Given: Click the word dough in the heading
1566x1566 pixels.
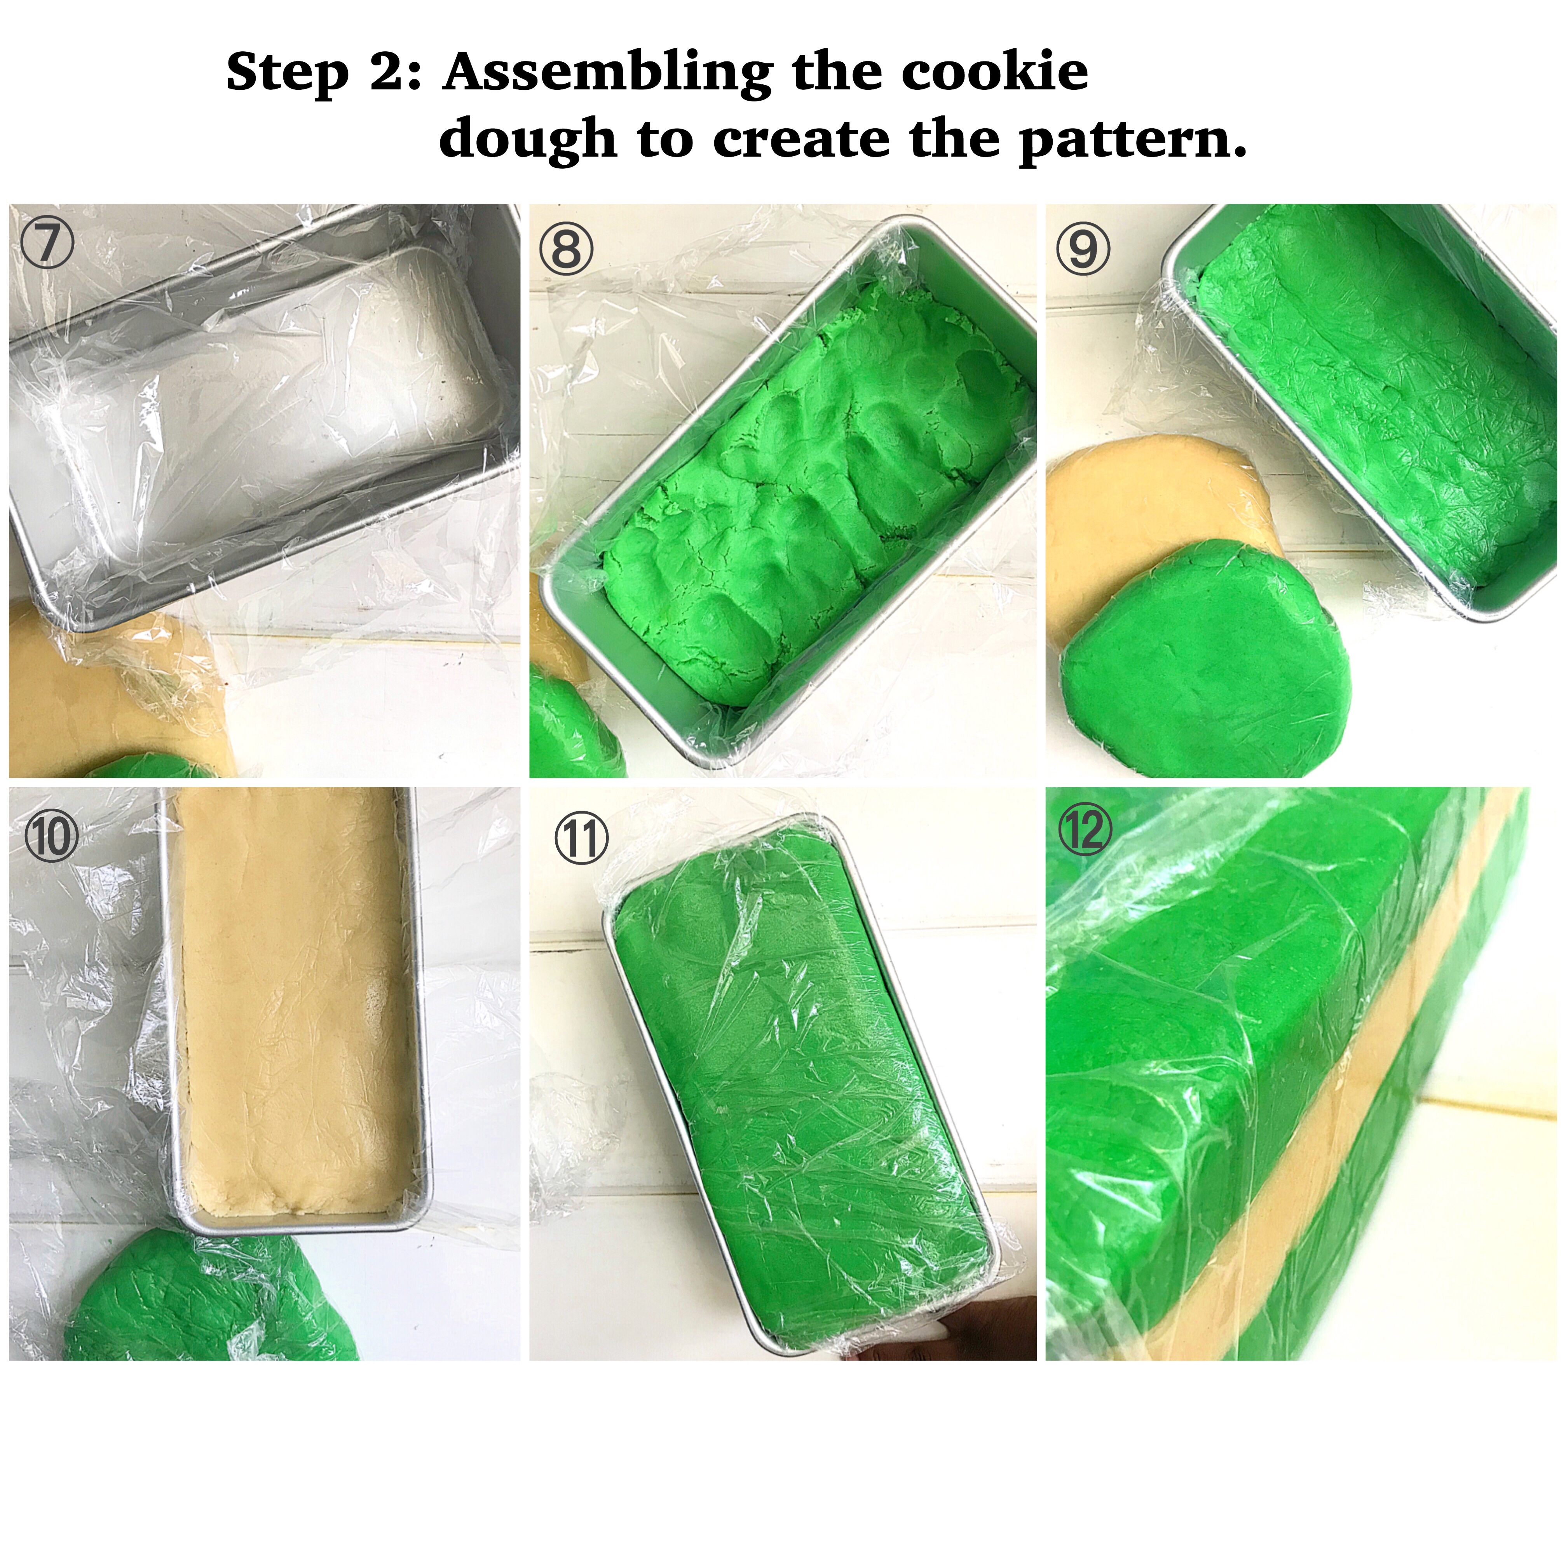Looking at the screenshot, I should pos(527,140).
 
